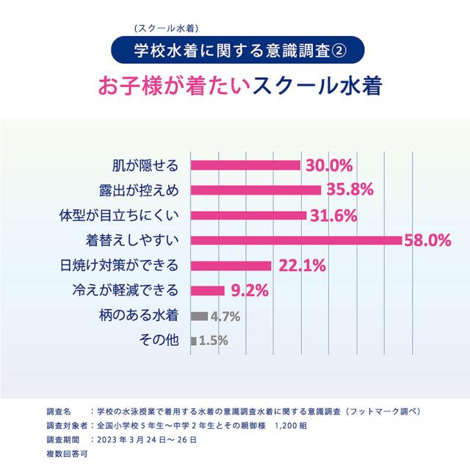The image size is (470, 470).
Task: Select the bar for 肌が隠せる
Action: [x=245, y=164]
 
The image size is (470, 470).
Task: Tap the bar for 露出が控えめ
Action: [x=256, y=190]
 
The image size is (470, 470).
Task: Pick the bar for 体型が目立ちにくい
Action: [x=248, y=215]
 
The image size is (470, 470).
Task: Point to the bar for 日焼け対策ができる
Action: [x=231, y=265]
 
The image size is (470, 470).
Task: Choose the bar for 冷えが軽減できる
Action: [x=207, y=290]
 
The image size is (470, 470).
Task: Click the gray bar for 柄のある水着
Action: [x=198, y=316]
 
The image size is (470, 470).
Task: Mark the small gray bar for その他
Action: [x=193, y=341]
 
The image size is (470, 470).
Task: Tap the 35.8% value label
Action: [x=351, y=190]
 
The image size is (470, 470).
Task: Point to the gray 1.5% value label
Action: [x=214, y=341]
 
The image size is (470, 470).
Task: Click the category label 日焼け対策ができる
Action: [x=119, y=265]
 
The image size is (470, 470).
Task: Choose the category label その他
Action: [x=159, y=341]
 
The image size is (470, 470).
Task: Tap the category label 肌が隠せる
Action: [x=145, y=164]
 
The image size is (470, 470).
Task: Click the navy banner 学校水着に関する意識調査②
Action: [x=235, y=51]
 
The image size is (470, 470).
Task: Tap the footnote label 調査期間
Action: [x=61, y=439]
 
